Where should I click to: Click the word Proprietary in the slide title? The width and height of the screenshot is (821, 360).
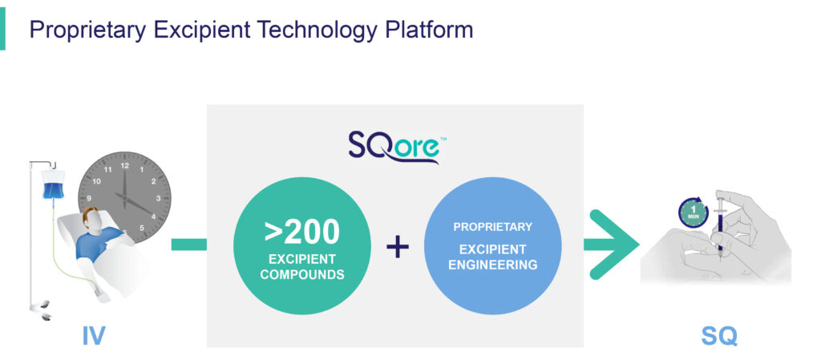coord(87,30)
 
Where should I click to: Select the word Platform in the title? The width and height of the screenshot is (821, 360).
coord(430,30)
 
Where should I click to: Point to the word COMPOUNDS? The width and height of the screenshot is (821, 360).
coord(302,274)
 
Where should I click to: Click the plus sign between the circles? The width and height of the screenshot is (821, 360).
coord(398,246)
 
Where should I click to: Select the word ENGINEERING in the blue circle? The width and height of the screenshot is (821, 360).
coord(493,265)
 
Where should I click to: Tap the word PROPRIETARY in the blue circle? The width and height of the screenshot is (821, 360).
coord(493,227)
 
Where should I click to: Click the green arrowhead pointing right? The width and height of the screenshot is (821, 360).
coord(613,245)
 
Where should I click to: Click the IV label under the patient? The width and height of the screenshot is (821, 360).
coord(94,336)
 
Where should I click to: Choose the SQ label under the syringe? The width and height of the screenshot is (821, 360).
coord(719,336)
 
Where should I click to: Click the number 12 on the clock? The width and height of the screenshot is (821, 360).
coord(124,165)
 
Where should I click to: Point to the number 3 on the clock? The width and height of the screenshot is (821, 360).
coord(158,198)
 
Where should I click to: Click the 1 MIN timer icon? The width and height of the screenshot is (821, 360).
coord(694,212)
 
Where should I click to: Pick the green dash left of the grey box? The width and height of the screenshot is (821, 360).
coord(188,245)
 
